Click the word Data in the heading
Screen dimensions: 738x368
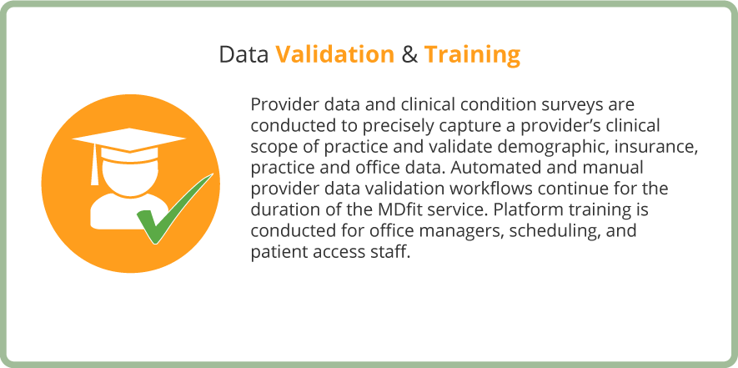pos(243,55)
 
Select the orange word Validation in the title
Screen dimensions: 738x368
pos(334,55)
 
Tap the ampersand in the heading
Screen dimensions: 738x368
pos(409,55)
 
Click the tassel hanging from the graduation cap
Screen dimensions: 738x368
pos(94,164)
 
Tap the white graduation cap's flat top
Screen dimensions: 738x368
pos(128,139)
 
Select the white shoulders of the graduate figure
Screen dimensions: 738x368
pos(118,213)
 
